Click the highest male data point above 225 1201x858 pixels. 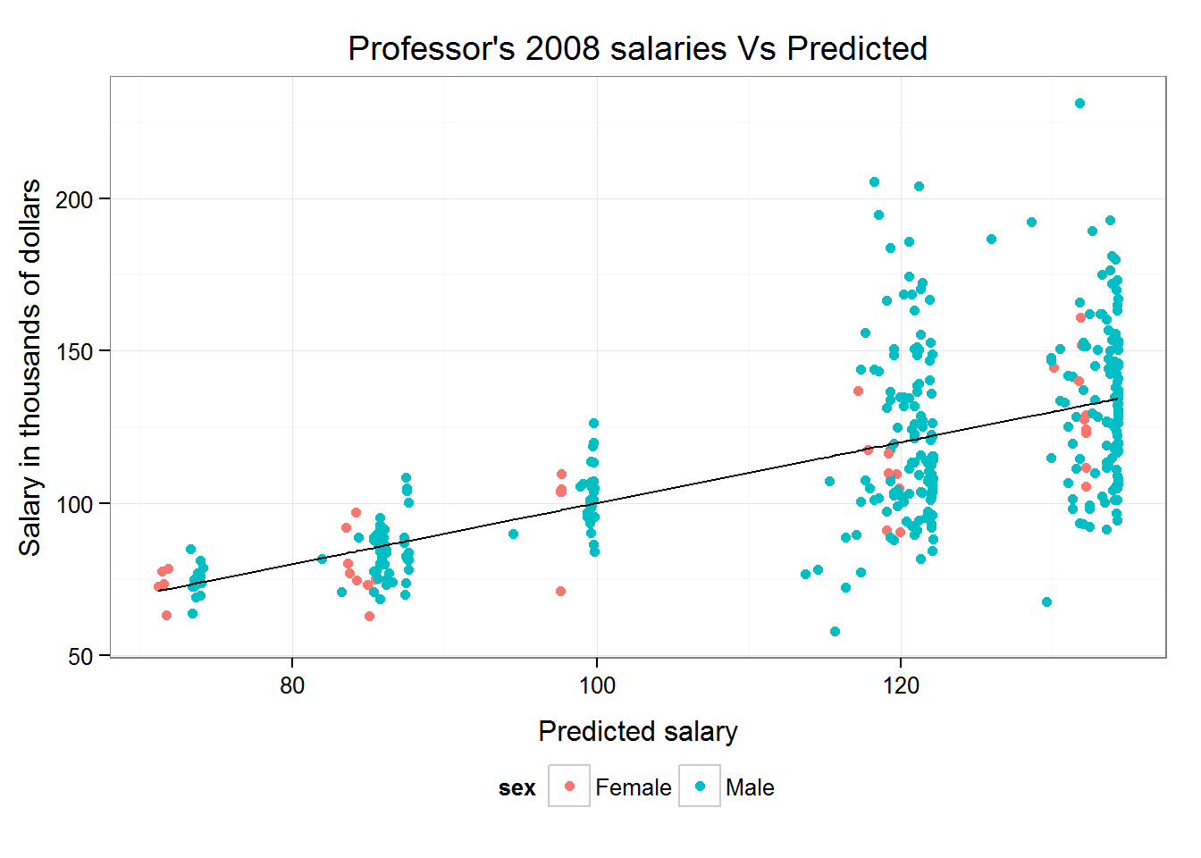[1079, 104]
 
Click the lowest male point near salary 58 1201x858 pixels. [835, 632]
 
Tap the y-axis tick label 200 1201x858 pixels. [73, 199]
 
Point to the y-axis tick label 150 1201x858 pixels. [73, 351]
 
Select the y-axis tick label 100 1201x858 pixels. [73, 504]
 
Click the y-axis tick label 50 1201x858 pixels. [80, 657]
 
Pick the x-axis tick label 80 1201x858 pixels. [292, 686]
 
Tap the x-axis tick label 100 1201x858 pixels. [596, 686]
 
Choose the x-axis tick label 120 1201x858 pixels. [901, 686]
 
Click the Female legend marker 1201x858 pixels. [569, 786]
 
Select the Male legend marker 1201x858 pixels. [700, 786]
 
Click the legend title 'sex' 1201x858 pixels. [517, 788]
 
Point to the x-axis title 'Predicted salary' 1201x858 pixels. [637, 731]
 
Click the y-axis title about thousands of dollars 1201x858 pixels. [30, 366]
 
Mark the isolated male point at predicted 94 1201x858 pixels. [513, 534]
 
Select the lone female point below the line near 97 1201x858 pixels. [560, 592]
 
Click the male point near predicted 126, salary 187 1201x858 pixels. [991, 240]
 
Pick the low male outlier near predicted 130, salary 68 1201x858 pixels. [1046, 602]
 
